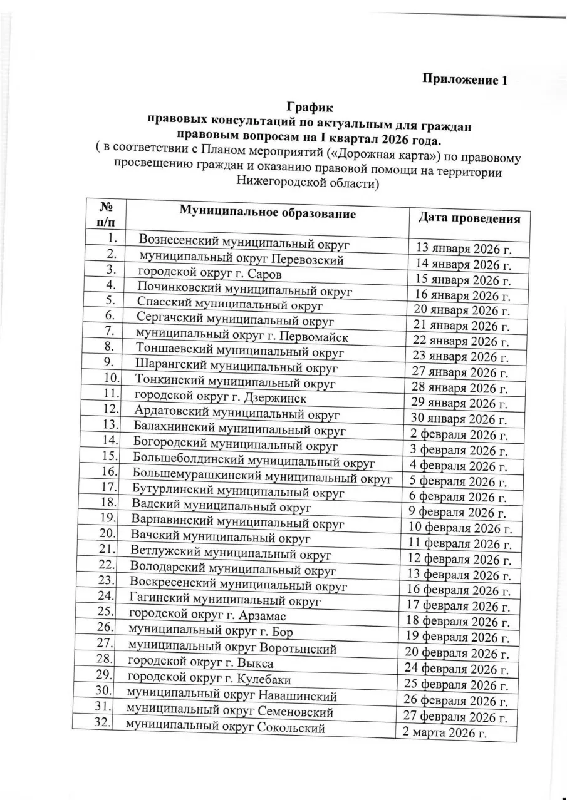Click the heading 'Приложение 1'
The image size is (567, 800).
click(x=463, y=79)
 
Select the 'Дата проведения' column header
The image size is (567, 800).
click(x=469, y=218)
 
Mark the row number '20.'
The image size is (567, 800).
click(x=109, y=535)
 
